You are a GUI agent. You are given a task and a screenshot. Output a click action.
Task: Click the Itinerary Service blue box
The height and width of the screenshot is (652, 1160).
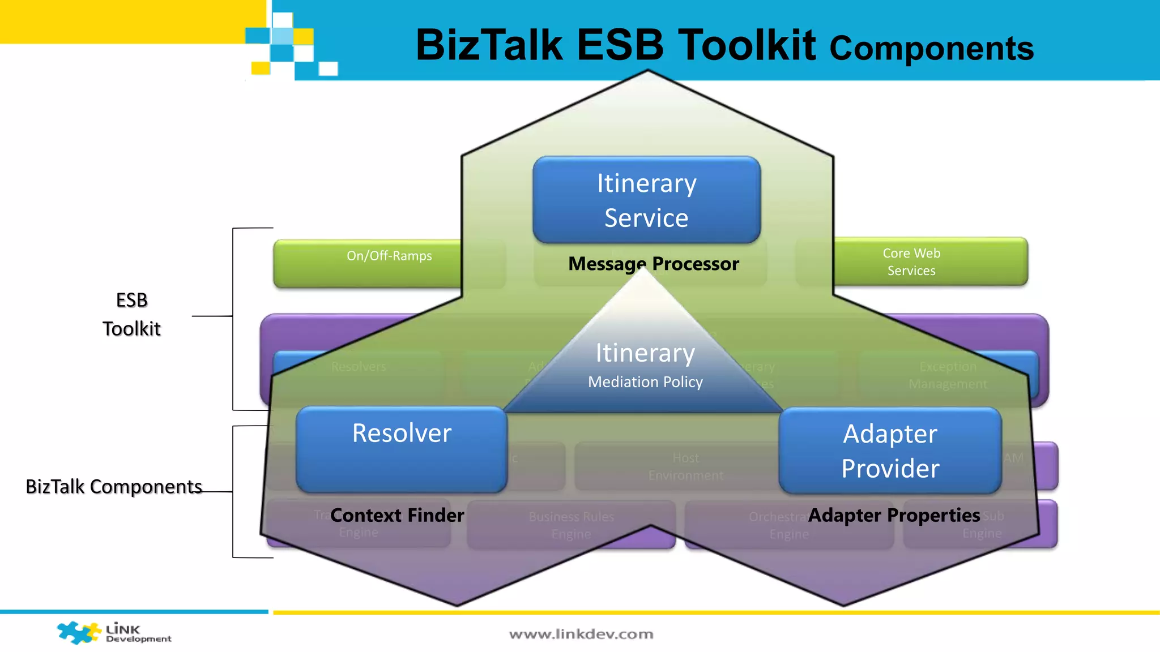646,200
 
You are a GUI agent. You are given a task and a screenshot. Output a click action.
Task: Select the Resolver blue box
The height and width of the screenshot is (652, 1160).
402,449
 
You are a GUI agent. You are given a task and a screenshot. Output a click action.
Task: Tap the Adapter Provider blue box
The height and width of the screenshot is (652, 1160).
890,451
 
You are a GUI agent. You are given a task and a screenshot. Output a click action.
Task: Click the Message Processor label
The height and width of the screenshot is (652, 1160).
654,264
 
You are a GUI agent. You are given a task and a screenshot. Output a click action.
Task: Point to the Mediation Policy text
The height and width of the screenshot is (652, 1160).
645,382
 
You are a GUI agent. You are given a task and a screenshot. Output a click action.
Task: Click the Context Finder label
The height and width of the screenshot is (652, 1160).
397,515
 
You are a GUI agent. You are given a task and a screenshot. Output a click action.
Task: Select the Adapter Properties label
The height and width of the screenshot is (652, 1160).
894,515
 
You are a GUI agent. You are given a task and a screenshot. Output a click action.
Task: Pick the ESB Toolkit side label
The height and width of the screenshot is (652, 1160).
131,314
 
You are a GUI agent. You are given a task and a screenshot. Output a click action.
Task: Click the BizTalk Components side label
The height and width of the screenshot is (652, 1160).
114,487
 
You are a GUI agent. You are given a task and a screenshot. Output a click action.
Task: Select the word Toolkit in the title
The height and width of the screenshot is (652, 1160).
747,45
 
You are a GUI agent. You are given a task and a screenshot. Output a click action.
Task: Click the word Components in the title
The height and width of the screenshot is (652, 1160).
932,49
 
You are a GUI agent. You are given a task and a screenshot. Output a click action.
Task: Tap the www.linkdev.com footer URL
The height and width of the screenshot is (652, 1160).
581,634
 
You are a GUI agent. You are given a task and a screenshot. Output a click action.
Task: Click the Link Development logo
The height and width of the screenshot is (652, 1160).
114,633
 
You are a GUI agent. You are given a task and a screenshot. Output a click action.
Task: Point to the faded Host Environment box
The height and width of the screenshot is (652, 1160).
685,466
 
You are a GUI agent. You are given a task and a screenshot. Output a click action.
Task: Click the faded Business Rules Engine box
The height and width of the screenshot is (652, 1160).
571,525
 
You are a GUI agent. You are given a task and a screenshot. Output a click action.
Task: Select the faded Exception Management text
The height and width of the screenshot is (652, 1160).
948,375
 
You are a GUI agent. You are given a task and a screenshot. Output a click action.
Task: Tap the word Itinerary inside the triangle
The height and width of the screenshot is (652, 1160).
645,353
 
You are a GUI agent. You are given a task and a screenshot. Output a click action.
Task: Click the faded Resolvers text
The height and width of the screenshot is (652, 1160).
359,367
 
